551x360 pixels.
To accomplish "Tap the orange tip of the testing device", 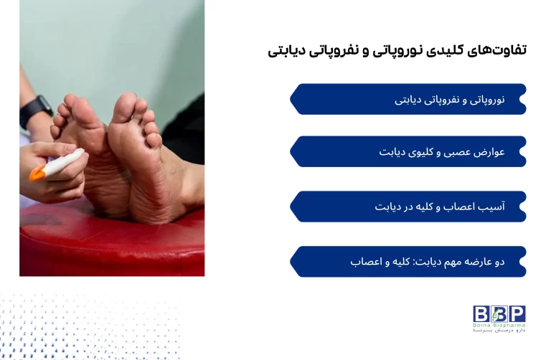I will point(36,174).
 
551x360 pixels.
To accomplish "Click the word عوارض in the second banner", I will point(488,152).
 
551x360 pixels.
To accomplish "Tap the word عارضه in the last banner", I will point(472,262).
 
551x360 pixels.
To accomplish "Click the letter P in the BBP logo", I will point(517,313).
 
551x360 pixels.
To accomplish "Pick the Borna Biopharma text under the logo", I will point(499,326).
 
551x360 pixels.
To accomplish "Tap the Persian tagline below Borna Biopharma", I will point(499,333).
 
